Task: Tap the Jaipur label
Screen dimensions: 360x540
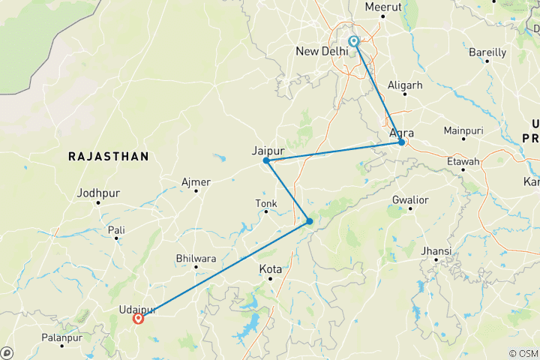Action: [x=268, y=150]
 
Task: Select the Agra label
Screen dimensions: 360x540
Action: [x=402, y=133]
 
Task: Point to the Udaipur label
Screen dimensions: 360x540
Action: [x=137, y=309]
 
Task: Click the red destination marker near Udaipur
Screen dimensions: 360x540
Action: [x=139, y=319]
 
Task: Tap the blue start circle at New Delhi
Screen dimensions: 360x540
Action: [x=353, y=42]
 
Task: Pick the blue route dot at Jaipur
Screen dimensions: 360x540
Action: [x=266, y=160]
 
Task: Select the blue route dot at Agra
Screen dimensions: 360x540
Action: [x=402, y=142]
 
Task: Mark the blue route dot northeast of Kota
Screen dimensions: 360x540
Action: [x=309, y=221]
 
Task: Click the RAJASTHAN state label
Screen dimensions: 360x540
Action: [x=108, y=156]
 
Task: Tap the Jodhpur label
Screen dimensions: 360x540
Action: [x=98, y=193]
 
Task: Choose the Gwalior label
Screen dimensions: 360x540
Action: [x=409, y=200]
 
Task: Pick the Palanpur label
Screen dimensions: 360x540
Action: [x=62, y=338]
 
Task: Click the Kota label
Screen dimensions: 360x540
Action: [x=271, y=268]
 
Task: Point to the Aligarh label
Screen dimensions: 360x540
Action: [x=406, y=85]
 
